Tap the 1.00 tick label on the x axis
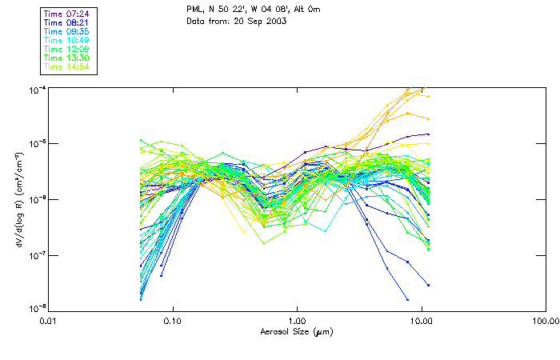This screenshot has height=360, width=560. [x=297, y=322]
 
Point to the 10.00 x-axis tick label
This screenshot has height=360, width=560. [x=421, y=322]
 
